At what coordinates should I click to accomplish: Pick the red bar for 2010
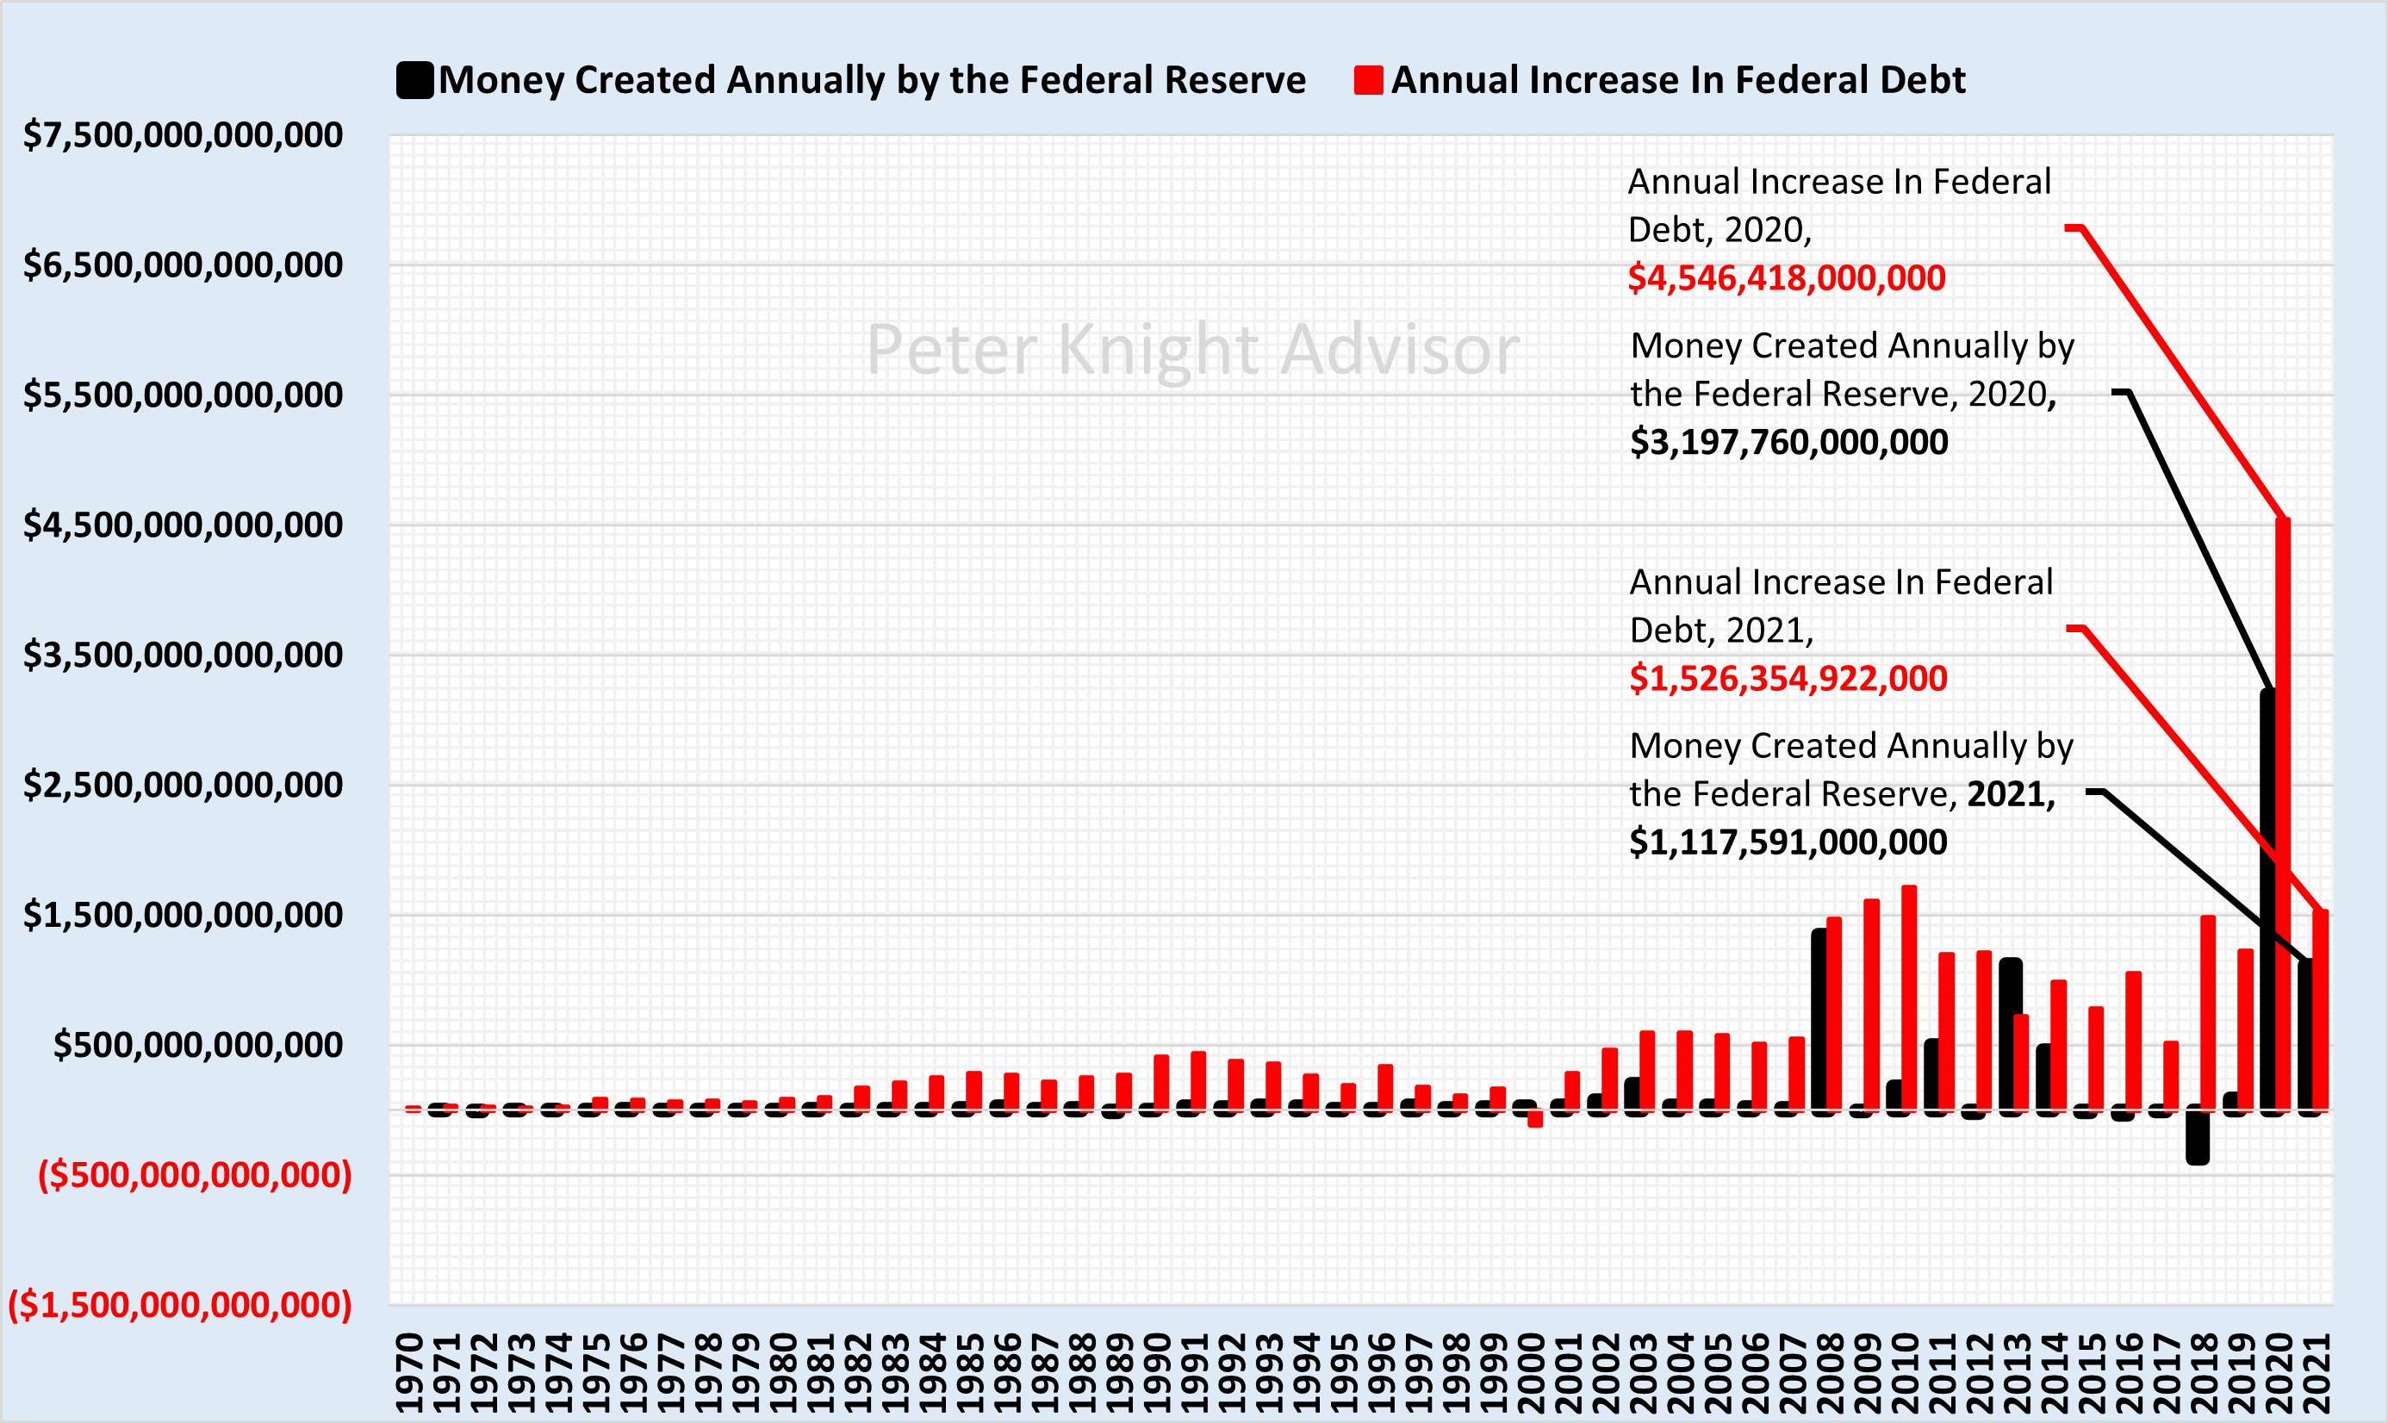coord(1908,997)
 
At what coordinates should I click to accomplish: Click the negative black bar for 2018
coord(2197,1136)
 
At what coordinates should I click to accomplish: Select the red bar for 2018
coord(2208,1011)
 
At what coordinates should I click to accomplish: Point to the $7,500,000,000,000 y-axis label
coord(183,135)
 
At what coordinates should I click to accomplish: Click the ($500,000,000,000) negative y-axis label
coord(195,1175)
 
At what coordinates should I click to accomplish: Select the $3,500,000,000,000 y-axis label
coord(183,655)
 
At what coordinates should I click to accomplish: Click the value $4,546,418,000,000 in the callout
coord(1786,278)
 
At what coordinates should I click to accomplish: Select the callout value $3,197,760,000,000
coord(1788,442)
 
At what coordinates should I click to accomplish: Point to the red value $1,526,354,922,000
coord(1788,679)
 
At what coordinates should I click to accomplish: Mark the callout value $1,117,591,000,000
coord(1788,842)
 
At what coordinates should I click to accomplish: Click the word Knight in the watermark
coord(1159,351)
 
